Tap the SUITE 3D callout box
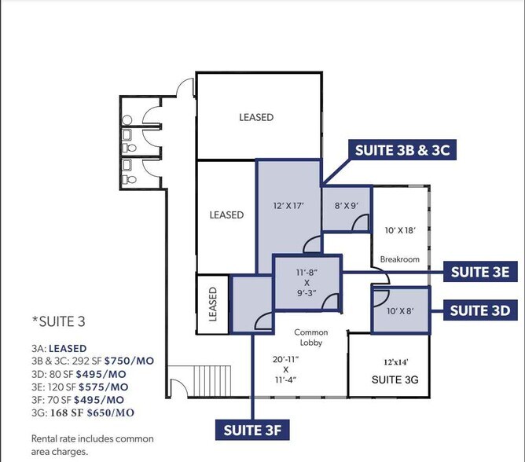coord(481,310)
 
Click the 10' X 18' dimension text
coord(400,231)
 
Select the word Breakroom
coord(400,259)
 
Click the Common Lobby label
coord(310,338)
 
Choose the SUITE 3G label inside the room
coord(388,379)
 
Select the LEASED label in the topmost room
coord(256,117)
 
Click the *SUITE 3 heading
coord(58,322)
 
